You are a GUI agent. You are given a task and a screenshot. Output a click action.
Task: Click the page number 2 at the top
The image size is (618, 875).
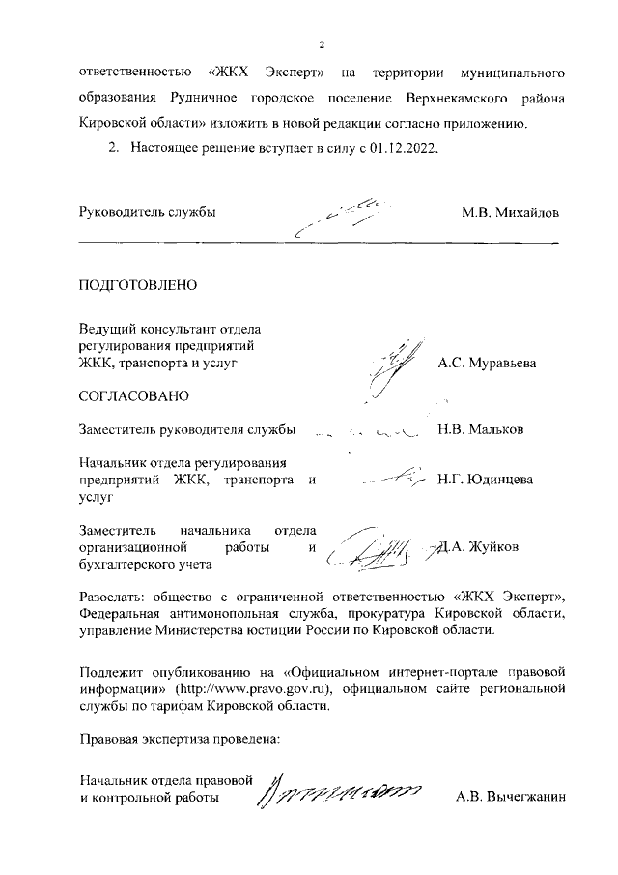click(x=322, y=44)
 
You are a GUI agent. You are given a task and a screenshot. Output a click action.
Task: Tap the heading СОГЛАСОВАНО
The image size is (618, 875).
click(x=133, y=395)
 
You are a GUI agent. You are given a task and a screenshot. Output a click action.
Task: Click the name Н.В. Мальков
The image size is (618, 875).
click(x=480, y=429)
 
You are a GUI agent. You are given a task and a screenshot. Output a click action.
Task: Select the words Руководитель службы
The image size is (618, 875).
click(x=146, y=212)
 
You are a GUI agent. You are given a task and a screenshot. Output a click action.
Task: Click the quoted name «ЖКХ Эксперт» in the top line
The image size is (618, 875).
click(x=265, y=73)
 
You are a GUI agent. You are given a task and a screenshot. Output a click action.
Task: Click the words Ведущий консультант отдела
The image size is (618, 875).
click(x=172, y=330)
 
